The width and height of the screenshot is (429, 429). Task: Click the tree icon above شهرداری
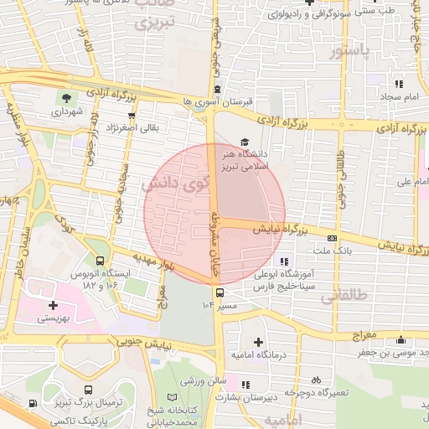[x=65, y=100]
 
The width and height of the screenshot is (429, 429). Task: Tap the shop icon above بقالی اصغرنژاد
[x=132, y=116]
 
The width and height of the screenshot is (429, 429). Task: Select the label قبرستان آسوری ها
[x=219, y=101]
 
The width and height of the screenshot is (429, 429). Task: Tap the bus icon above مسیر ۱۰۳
[x=220, y=293]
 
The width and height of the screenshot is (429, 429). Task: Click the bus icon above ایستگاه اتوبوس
[x=101, y=261]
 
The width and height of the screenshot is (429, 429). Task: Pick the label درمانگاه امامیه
[x=257, y=356]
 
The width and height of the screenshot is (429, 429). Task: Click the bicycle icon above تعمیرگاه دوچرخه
[x=316, y=380]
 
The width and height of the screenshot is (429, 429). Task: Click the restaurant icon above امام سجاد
[x=399, y=84]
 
